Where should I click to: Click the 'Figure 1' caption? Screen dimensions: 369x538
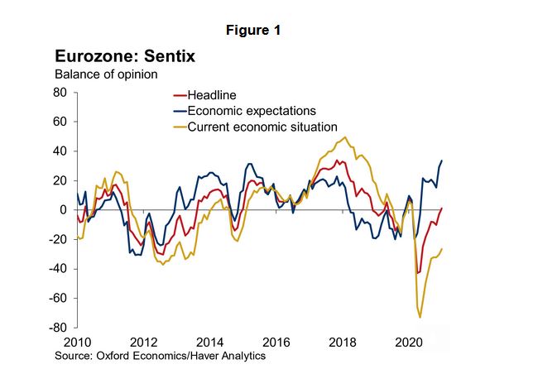[254, 31]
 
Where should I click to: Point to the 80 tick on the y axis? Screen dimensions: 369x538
[60, 93]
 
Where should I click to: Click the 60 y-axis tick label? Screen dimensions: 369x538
[60, 122]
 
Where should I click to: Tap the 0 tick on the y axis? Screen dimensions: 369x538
[63, 210]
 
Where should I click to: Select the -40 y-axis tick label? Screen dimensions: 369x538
[57, 269]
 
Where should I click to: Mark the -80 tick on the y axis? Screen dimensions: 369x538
[57, 328]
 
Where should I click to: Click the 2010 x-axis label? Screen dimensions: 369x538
[76, 343]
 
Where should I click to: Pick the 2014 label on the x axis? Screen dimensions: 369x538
[209, 343]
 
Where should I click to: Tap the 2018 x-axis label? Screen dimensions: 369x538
[343, 343]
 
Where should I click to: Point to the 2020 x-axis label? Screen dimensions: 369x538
[410, 343]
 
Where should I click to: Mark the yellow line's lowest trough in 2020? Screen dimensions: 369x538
[420, 317]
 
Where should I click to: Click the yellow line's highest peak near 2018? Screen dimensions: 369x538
[345, 137]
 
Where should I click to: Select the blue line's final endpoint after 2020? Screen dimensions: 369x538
[442, 161]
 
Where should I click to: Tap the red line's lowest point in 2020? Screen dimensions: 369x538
[418, 273]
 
